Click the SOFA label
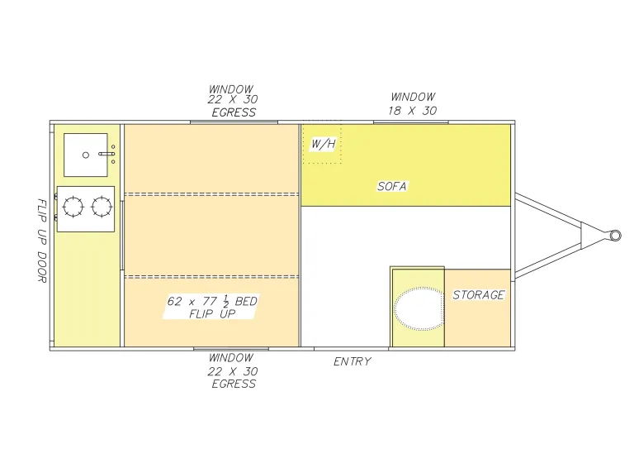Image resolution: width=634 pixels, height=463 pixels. (392, 186)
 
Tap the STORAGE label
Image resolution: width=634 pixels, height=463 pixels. (479, 295)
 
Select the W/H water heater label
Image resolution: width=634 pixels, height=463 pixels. (323, 144)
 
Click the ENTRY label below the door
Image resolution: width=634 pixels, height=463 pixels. (352, 361)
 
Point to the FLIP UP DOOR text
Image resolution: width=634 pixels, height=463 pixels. (42, 241)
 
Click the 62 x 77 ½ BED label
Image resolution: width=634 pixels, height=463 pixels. (212, 302)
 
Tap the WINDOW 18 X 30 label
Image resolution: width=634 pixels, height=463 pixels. (413, 103)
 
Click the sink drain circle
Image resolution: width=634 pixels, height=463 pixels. (86, 155)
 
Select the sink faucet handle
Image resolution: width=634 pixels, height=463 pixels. (106, 154)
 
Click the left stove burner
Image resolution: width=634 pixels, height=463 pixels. (73, 207)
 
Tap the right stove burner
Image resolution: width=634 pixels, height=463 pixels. (102, 207)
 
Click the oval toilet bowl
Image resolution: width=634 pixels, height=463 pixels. (419, 308)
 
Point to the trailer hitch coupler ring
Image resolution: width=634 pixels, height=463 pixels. (615, 236)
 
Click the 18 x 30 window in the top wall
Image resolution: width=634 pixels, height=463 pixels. (411, 122)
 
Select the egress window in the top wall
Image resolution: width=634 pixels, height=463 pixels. (234, 122)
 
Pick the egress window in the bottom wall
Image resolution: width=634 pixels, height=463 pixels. (231, 349)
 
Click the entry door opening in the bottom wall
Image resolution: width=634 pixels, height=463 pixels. (352, 349)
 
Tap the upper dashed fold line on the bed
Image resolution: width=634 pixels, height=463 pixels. (211, 194)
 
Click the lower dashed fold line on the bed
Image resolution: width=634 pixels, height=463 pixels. (211, 277)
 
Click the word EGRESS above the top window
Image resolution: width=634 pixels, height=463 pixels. (234, 112)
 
